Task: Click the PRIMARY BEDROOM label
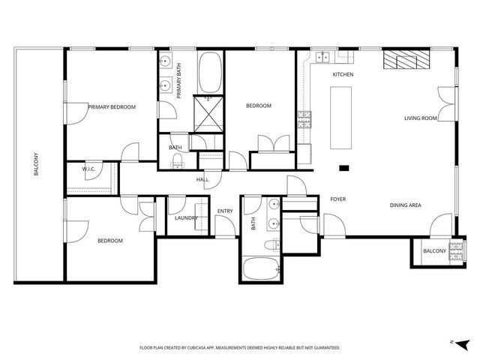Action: [x=112, y=107]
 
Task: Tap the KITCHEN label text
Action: [x=343, y=75]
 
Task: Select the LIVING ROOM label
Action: [x=421, y=118]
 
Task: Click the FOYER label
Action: [x=337, y=199]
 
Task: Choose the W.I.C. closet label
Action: [x=88, y=169]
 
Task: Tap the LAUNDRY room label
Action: [x=185, y=218]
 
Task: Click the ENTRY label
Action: [x=225, y=211]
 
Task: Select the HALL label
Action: [x=202, y=180]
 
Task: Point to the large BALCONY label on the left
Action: [x=36, y=165]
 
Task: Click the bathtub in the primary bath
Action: [x=210, y=71]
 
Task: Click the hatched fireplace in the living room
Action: [x=406, y=60]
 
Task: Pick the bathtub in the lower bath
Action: [x=261, y=268]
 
